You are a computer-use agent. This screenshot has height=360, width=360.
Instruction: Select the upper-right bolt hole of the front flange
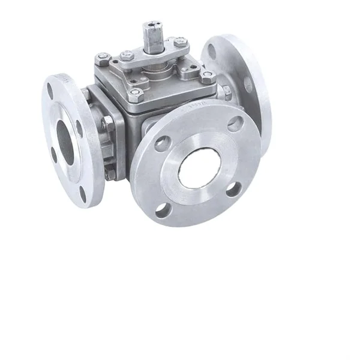235,124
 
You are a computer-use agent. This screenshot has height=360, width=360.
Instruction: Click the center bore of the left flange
64,143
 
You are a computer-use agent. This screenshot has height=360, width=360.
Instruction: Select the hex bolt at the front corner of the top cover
136,94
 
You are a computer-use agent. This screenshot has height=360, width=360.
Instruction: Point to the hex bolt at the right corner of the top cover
208,76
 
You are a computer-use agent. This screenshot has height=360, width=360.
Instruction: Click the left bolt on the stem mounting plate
127,55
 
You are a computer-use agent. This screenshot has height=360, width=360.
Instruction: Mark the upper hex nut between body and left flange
107,123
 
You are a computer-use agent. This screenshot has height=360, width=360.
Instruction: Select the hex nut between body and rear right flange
227,92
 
